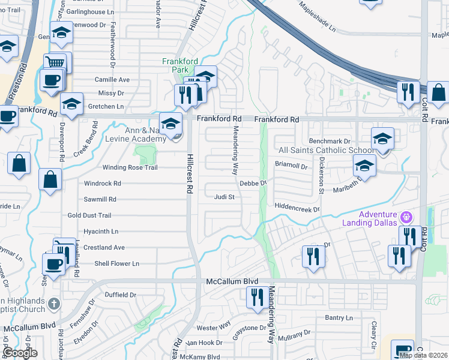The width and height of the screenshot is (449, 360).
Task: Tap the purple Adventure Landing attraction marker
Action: tap(406, 216)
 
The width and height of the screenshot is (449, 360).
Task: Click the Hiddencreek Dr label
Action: tap(297, 206)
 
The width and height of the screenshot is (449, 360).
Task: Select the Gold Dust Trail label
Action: tap(89, 215)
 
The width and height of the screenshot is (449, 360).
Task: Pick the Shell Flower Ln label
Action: tap(116, 263)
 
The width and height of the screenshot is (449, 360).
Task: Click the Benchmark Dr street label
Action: tap(330, 140)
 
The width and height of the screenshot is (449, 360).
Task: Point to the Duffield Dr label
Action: tap(121, 295)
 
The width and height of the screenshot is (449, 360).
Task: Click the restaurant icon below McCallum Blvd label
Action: tap(258, 297)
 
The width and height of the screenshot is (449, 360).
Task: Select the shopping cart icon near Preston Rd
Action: tap(55, 62)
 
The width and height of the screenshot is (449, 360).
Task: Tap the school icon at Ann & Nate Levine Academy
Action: tap(171, 124)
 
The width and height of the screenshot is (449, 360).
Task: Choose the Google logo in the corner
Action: tap(20, 353)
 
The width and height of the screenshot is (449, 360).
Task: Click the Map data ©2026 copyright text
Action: tap(424, 355)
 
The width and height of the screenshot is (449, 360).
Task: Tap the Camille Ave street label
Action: tap(112, 79)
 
